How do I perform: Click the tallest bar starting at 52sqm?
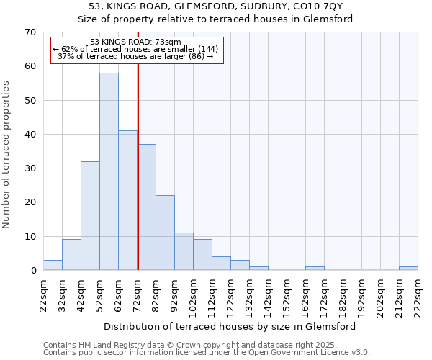(109, 171)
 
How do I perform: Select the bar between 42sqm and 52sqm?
(90, 216)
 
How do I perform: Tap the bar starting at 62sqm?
(127, 200)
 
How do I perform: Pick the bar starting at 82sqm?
(165, 233)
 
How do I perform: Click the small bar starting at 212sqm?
(408, 269)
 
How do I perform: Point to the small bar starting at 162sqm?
(315, 269)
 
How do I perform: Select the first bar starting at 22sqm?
(53, 265)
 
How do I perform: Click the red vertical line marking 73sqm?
(138, 180)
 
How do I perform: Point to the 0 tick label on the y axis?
(33, 271)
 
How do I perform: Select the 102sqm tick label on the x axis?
(193, 295)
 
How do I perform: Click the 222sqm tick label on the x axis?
(418, 295)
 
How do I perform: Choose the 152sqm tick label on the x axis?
(287, 295)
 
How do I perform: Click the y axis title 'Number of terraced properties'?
(6, 155)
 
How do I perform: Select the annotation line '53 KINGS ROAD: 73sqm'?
(136, 42)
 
